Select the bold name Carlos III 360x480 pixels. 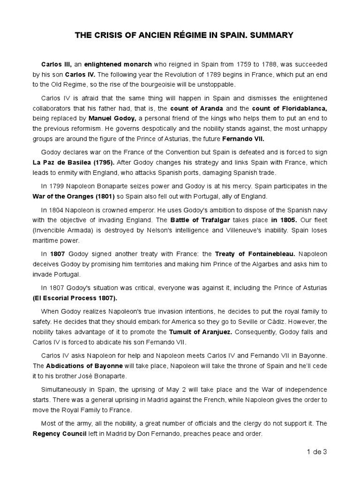coord(54,64)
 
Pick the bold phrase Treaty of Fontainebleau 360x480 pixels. coord(255,254)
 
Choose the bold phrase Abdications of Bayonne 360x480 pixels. coord(84,365)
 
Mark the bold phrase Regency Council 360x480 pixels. coord(60,434)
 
